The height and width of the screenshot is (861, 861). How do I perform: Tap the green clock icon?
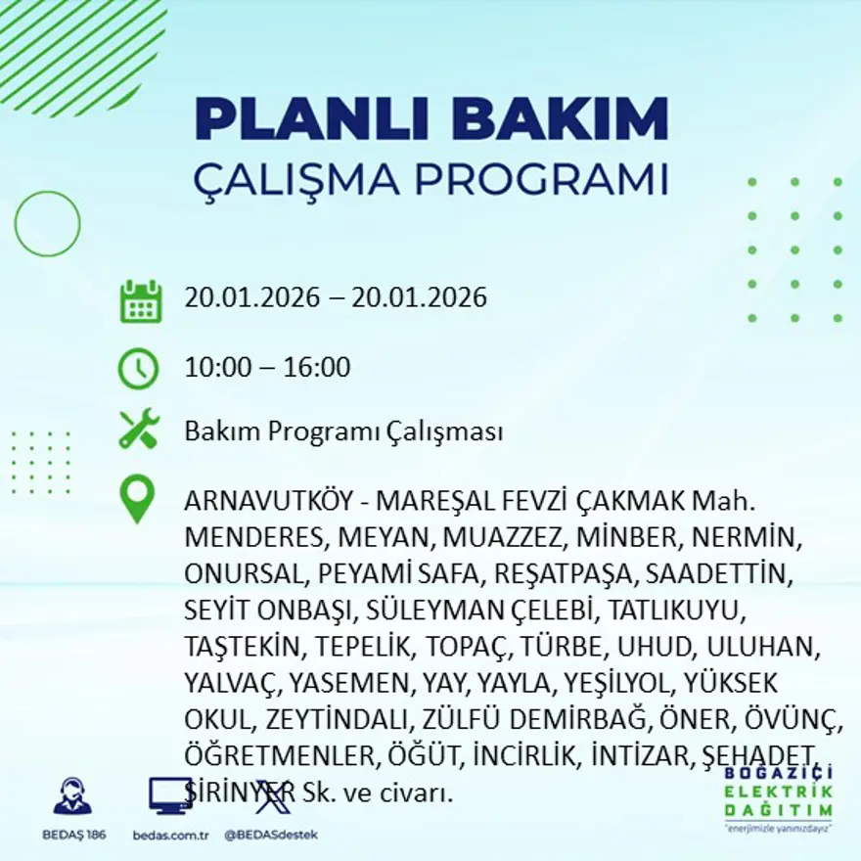point(138,369)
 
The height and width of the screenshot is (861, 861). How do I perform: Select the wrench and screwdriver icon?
point(139,430)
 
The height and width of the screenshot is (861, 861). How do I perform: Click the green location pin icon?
point(137,498)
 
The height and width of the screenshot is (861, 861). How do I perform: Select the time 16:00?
point(317,368)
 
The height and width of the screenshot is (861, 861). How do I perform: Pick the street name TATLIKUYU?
point(676,611)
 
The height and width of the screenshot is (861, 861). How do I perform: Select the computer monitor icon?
point(170,795)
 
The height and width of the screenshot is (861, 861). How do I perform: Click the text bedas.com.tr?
point(171,835)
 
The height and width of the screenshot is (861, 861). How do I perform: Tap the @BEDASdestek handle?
point(271,835)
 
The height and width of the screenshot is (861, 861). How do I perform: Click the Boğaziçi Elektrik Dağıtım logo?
point(779,798)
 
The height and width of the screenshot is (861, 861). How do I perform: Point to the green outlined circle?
point(47,224)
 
